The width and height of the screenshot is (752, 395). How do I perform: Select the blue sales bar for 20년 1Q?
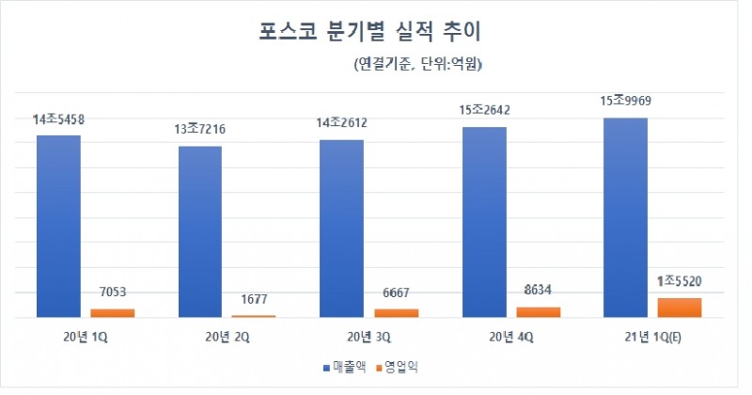[x=58, y=226]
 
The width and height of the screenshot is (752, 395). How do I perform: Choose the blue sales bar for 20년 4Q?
[x=484, y=222]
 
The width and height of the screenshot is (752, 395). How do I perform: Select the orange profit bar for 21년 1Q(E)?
[x=680, y=308]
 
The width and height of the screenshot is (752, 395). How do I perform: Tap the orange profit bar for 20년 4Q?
[x=538, y=312]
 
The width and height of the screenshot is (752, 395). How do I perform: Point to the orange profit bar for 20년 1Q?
[x=113, y=313]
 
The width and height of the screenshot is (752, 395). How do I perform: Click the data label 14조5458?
[x=58, y=120]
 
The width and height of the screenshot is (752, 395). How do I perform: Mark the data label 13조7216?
[x=199, y=130]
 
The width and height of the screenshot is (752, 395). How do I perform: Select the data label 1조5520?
[x=680, y=280]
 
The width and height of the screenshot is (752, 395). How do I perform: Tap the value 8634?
[x=538, y=291]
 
